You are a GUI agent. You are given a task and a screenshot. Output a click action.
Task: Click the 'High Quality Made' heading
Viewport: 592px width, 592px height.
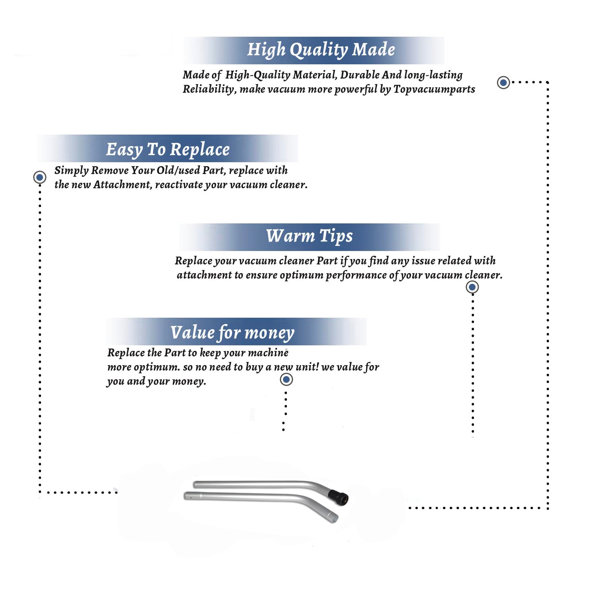(x=321, y=50)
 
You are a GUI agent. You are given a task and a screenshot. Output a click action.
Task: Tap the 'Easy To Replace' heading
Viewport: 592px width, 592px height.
(x=168, y=150)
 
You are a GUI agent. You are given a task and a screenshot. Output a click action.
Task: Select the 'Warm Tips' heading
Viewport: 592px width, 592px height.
(x=309, y=236)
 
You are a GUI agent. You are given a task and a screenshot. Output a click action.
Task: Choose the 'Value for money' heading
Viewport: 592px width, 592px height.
(x=232, y=333)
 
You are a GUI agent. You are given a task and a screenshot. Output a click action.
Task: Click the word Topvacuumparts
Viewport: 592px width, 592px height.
(x=434, y=90)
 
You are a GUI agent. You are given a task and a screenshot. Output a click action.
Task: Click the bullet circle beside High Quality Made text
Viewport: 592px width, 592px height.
(x=503, y=82)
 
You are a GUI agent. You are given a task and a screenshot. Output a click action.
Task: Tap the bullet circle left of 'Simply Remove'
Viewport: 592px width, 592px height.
(x=39, y=177)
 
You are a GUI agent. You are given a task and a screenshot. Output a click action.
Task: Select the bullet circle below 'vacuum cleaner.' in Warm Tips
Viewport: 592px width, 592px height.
(x=472, y=287)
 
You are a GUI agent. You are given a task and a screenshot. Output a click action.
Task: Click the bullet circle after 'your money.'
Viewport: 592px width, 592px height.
(x=286, y=380)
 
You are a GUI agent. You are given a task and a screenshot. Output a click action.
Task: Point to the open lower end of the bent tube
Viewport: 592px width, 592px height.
(x=334, y=518)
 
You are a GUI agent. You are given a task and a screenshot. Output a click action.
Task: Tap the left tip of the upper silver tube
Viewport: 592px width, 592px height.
(x=195, y=484)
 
